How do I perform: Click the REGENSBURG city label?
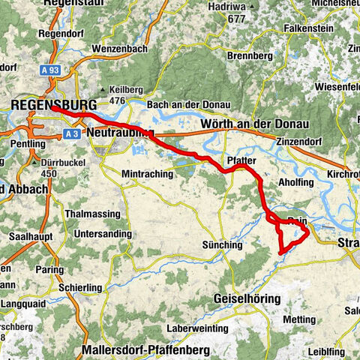coord(55,105)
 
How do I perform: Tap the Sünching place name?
coord(223,244)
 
